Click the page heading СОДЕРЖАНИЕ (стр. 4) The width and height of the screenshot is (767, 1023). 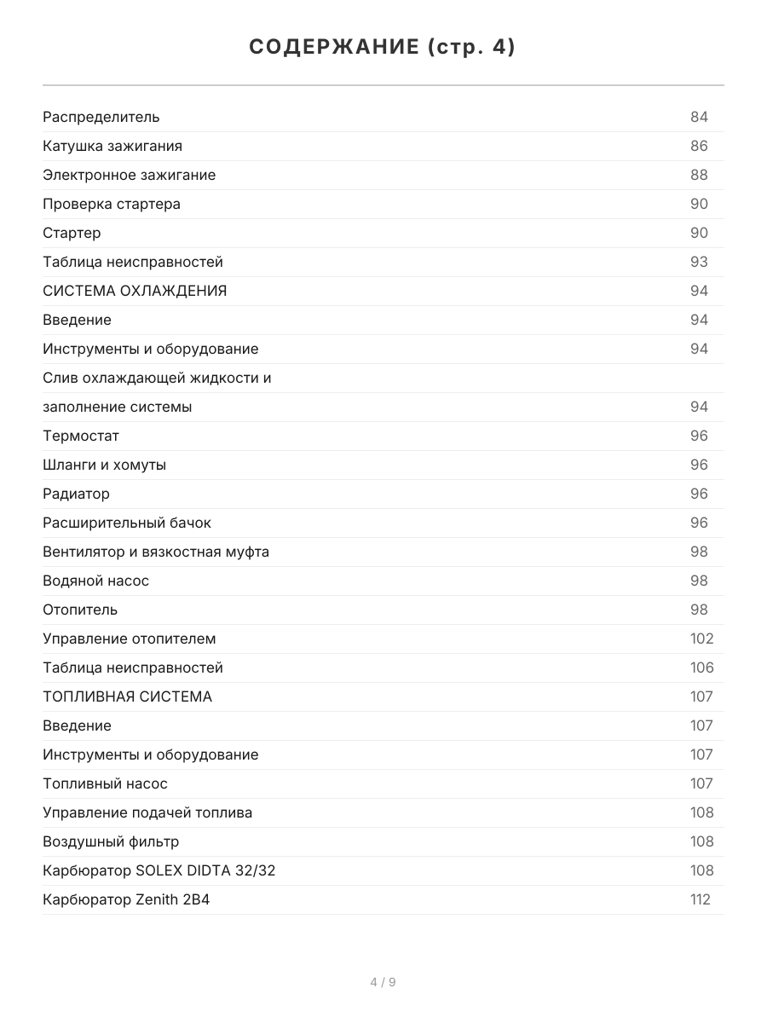click(x=383, y=48)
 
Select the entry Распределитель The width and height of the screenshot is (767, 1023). click(x=101, y=117)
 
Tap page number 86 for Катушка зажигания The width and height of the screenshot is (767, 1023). click(x=699, y=146)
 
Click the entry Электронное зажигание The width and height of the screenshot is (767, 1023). click(x=129, y=175)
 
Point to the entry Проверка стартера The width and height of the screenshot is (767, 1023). click(x=112, y=204)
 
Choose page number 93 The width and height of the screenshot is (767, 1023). click(x=699, y=262)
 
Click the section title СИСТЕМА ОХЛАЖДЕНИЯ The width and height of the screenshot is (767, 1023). click(x=135, y=291)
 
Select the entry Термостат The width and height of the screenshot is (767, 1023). click(x=81, y=436)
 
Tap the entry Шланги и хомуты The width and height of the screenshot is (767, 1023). click(x=104, y=465)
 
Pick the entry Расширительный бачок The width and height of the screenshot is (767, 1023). click(x=127, y=523)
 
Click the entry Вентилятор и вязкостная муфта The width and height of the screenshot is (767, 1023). click(x=156, y=552)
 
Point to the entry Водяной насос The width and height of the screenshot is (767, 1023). click(x=95, y=581)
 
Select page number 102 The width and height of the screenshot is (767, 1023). click(x=701, y=639)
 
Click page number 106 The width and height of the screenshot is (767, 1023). click(x=701, y=668)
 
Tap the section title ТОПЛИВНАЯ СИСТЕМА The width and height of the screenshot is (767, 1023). click(x=127, y=696)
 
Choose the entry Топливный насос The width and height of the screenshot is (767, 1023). click(x=105, y=783)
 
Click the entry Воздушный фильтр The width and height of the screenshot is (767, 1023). click(x=111, y=841)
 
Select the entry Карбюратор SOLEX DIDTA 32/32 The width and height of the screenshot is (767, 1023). click(x=159, y=870)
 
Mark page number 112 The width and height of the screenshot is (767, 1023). click(x=700, y=899)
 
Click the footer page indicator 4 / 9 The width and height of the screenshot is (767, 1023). click(x=383, y=982)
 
